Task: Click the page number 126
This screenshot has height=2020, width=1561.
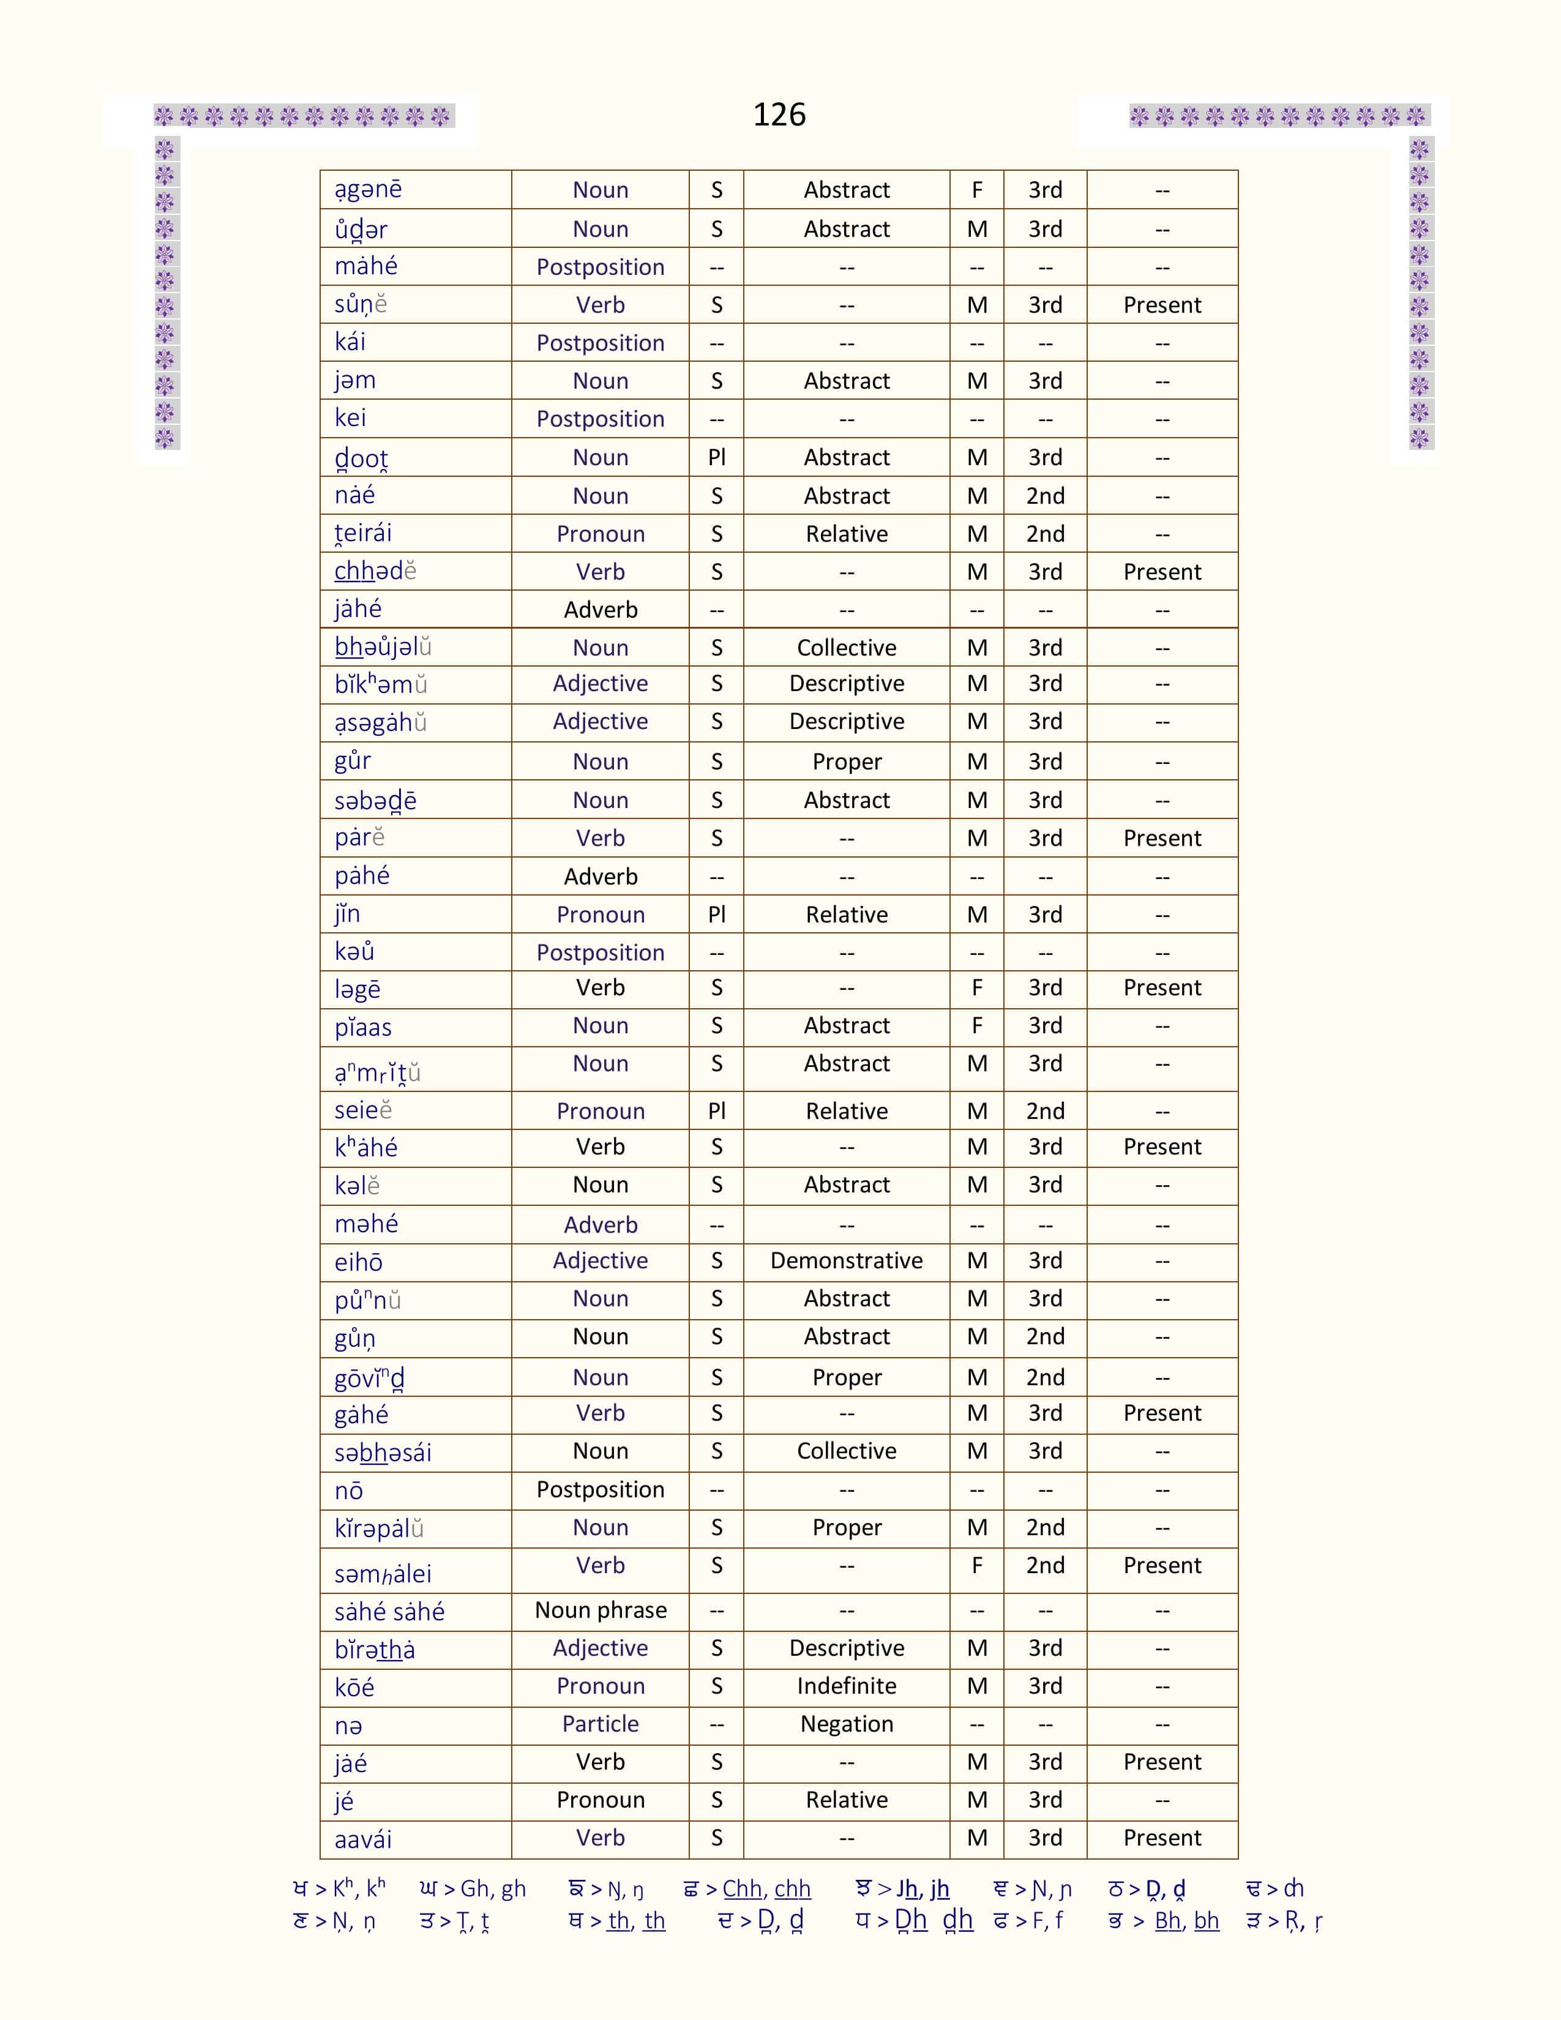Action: [779, 114]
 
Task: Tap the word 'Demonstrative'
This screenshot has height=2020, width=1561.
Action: [846, 1260]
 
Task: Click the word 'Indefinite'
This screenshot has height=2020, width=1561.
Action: [846, 1686]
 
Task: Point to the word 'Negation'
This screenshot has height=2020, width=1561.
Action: [846, 1724]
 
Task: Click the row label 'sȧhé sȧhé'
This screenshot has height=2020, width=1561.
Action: [389, 1612]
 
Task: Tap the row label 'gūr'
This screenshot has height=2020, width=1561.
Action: [353, 761]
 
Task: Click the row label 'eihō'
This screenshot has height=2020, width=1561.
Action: [358, 1262]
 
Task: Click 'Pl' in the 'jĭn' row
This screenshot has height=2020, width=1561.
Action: [717, 915]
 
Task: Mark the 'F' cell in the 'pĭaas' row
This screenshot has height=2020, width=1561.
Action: [976, 1026]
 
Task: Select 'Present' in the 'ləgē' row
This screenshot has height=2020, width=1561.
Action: [1161, 988]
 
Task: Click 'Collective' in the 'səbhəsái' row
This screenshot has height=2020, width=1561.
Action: [846, 1451]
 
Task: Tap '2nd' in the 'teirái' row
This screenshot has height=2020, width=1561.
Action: [1045, 534]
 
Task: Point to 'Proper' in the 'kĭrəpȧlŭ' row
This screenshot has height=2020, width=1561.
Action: [846, 1528]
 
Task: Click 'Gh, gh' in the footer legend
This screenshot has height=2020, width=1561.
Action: [493, 1888]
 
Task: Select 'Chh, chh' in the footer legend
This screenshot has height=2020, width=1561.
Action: [766, 1888]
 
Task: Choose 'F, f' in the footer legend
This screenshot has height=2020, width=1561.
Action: [1046, 1921]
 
